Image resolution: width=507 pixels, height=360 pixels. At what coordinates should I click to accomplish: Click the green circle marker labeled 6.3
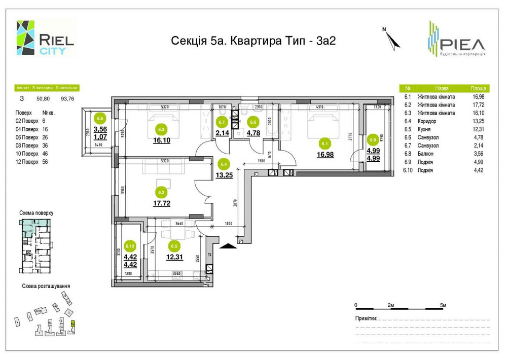[x=162, y=129]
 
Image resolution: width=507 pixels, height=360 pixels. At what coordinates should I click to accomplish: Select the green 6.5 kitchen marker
[x=174, y=246]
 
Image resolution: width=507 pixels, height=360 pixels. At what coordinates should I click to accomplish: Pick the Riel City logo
[x=46, y=38]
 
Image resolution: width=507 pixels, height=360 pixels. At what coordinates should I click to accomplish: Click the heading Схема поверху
[x=36, y=213]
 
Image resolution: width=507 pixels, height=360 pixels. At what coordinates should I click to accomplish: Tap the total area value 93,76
[x=67, y=99]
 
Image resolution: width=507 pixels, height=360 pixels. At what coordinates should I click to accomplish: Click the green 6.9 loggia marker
[x=373, y=139]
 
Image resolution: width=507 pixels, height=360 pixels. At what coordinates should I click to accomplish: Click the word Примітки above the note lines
[x=366, y=318]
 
